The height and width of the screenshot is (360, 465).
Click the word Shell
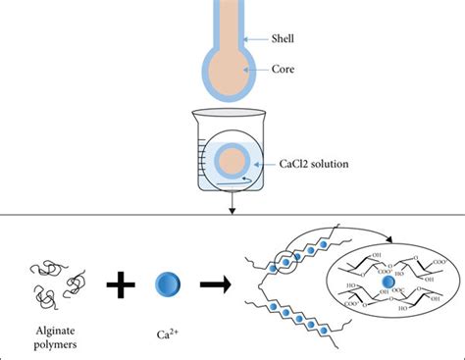click(287, 39)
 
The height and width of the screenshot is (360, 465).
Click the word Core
click(286, 70)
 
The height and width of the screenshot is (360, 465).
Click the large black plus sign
click(122, 286)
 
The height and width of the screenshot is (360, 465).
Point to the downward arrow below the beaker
click(231, 203)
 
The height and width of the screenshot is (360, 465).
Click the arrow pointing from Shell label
click(256, 39)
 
